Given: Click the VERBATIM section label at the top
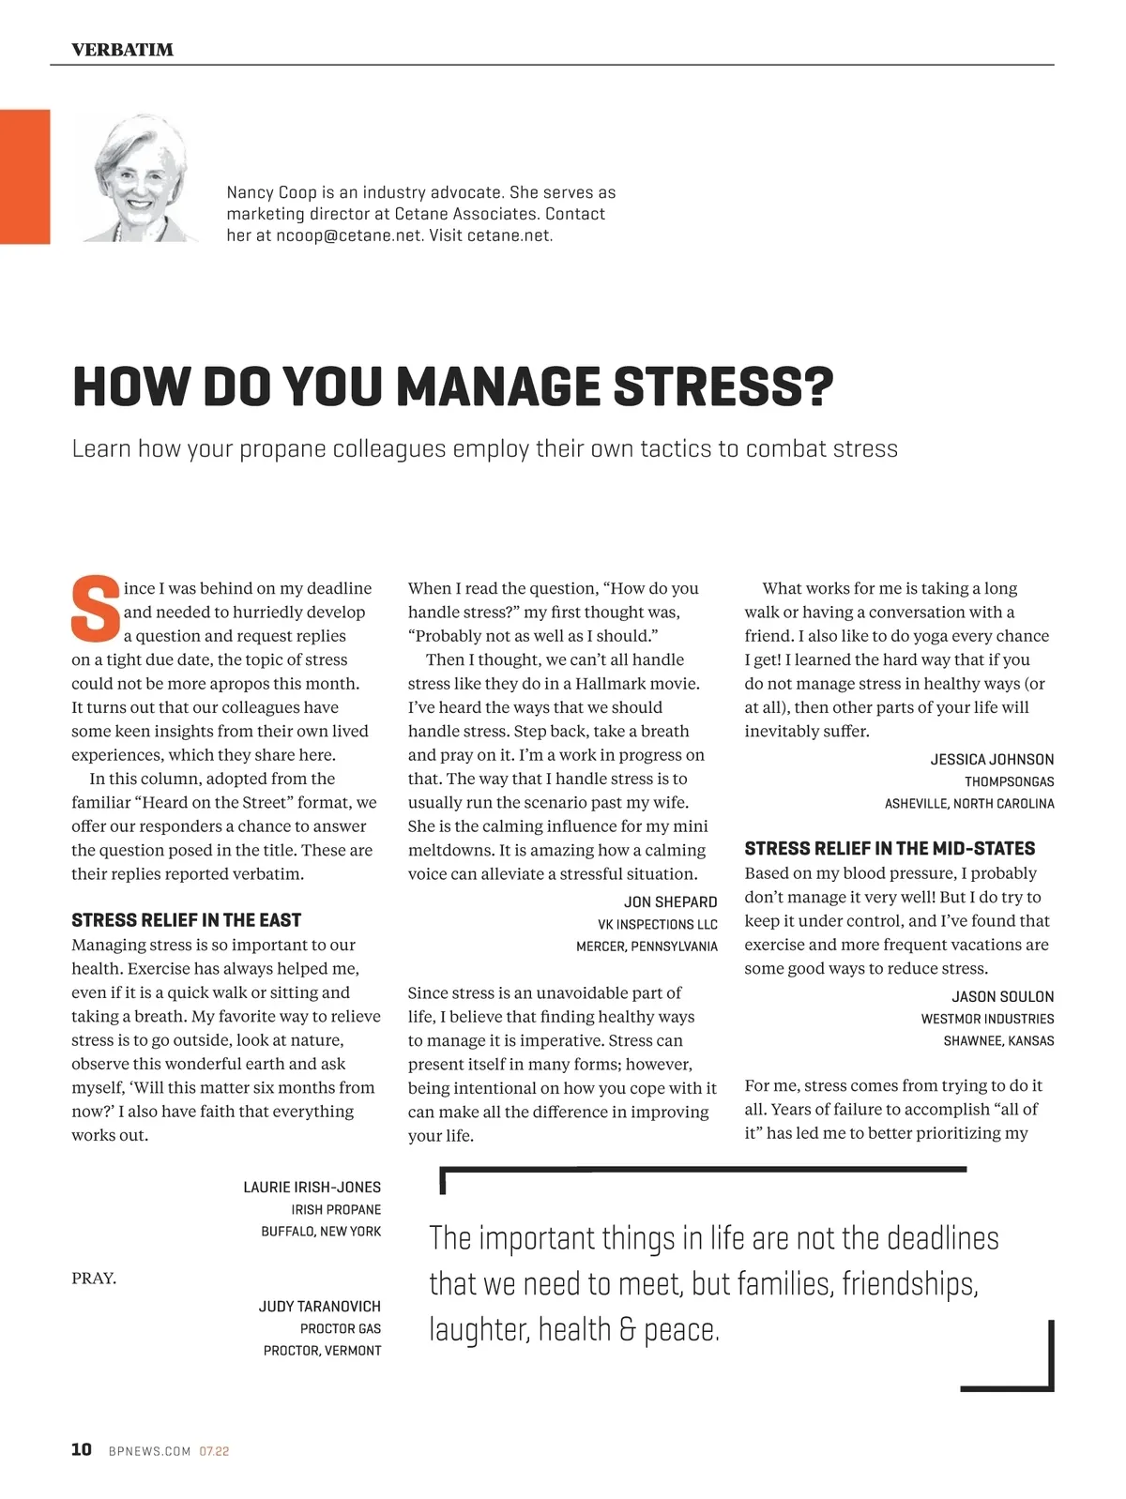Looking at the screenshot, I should tap(122, 50).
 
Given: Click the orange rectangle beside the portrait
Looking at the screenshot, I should tap(24, 176).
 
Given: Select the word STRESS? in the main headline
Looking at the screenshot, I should tap(723, 386).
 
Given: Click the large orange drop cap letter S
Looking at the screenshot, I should tap(96, 609).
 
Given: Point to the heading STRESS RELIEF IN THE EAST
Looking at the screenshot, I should tap(186, 920).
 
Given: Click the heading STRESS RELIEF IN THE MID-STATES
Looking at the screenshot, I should tap(890, 848).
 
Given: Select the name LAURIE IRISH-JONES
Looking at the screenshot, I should tap(312, 1187).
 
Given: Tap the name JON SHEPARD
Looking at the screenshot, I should tap(670, 901).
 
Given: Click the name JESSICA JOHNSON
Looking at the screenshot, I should tap(992, 759).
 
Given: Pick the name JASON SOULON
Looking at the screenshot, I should tap(1002, 996).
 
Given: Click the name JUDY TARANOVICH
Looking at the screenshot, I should tap(319, 1306).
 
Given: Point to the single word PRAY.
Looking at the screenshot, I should tap(94, 1278).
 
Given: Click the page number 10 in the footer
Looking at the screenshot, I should tap(82, 1449).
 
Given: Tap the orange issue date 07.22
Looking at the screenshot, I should tap(214, 1451).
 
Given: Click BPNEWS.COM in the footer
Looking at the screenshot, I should tap(149, 1451).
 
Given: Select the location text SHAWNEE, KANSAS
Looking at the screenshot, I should tap(998, 1040).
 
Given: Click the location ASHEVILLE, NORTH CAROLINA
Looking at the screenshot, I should tap(969, 803).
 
